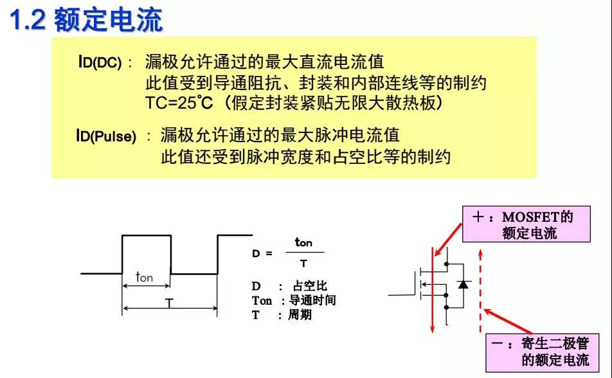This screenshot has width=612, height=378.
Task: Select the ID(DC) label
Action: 100,63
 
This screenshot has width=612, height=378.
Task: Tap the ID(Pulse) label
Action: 106,136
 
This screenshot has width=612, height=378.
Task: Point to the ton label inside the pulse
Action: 145,277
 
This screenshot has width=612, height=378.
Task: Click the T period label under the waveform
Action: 170,303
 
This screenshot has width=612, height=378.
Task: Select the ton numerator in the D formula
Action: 303,242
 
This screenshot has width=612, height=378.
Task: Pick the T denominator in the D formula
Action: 303,264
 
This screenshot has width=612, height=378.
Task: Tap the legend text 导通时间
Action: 312,301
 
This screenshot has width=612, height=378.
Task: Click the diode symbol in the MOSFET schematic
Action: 463,284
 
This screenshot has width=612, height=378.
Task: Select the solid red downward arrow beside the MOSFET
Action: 433,289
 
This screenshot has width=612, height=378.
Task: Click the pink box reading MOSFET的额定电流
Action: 526,224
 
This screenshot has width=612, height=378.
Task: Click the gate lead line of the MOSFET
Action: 402,294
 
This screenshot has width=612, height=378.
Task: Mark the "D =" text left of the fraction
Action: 262,253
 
